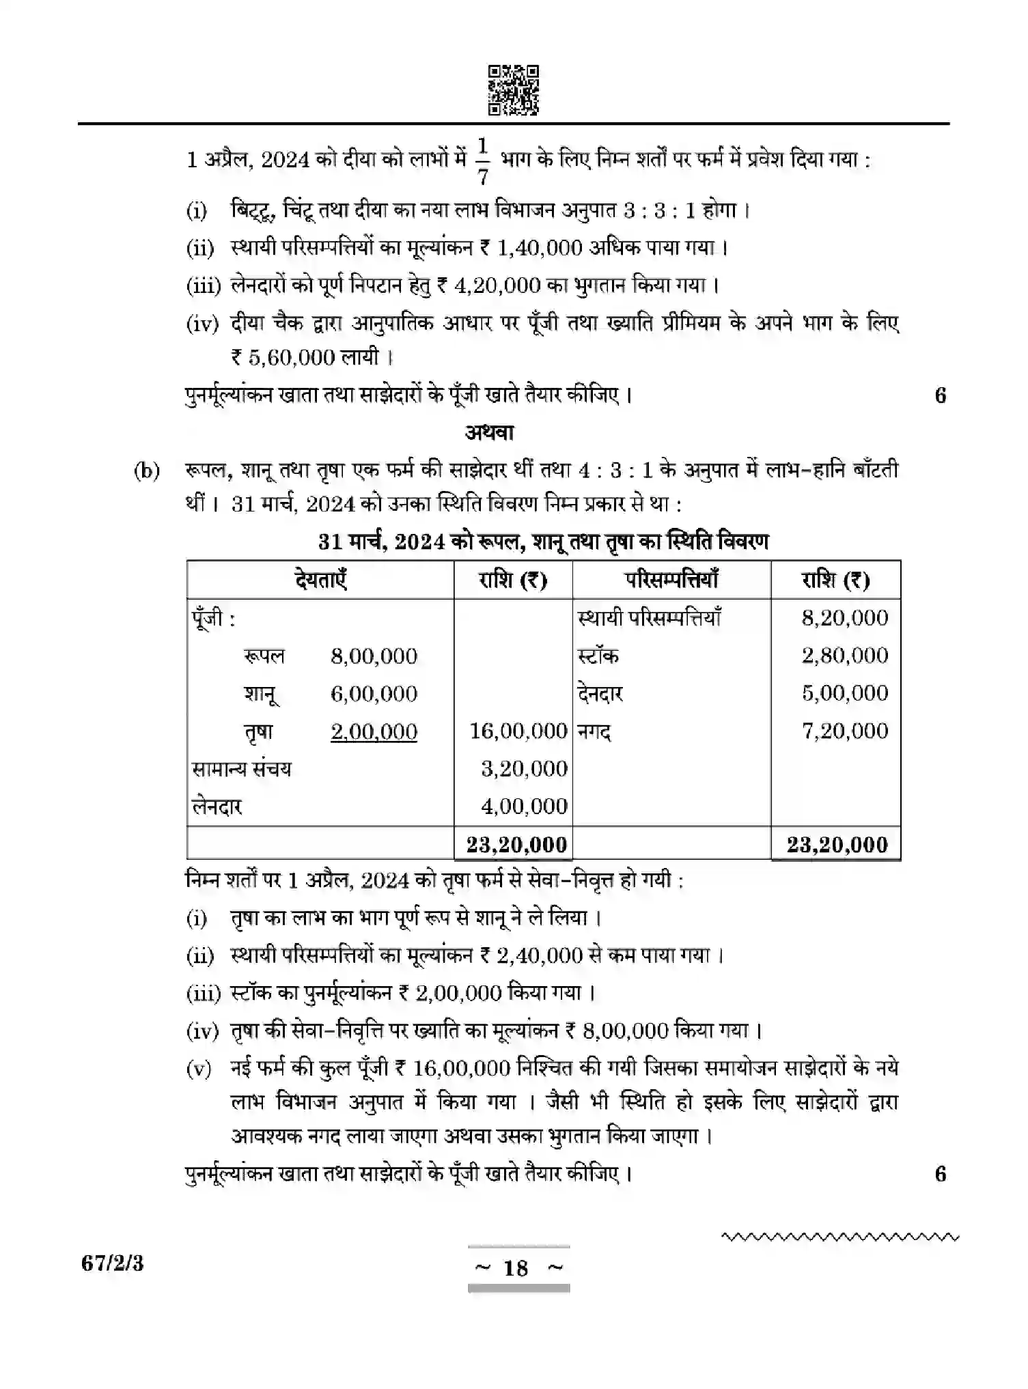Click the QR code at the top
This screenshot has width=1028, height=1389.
tap(513, 89)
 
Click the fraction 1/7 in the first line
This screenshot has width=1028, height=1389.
tap(483, 161)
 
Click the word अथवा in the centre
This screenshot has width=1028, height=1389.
tap(489, 432)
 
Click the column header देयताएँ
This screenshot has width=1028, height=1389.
tap(320, 580)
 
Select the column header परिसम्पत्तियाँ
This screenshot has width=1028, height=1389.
tap(671, 580)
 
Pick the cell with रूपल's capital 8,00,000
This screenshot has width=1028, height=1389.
tap(374, 656)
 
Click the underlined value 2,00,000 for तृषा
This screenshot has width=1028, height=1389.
tap(374, 731)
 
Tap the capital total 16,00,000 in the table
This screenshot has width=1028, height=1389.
tap(518, 731)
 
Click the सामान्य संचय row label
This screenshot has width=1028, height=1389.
tap(242, 769)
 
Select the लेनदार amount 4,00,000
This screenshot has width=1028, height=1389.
tap(524, 806)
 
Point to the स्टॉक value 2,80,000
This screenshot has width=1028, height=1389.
tap(844, 656)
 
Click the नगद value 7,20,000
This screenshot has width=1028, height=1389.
tap(844, 731)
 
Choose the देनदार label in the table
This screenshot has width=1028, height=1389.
tap(600, 694)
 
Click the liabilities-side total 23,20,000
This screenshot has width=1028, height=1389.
tap(516, 845)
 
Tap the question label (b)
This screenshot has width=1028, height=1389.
tap(147, 471)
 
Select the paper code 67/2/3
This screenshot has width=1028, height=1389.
tap(113, 1263)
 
